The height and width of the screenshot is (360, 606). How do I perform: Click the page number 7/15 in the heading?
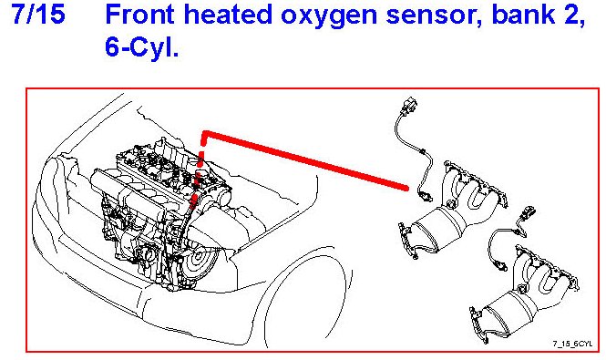coord(38,15)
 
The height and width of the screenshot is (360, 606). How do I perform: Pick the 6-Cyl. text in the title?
coord(141,48)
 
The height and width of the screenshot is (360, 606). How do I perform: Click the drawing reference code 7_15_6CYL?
coord(572,344)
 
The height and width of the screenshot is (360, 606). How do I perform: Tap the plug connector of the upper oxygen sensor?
coord(411,105)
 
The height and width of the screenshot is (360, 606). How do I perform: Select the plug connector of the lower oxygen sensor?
coord(529,213)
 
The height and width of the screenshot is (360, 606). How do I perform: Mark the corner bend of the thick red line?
coord(204,134)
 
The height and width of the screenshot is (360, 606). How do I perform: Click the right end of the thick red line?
coord(406,189)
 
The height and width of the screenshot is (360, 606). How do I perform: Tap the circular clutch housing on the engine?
coord(199,256)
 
